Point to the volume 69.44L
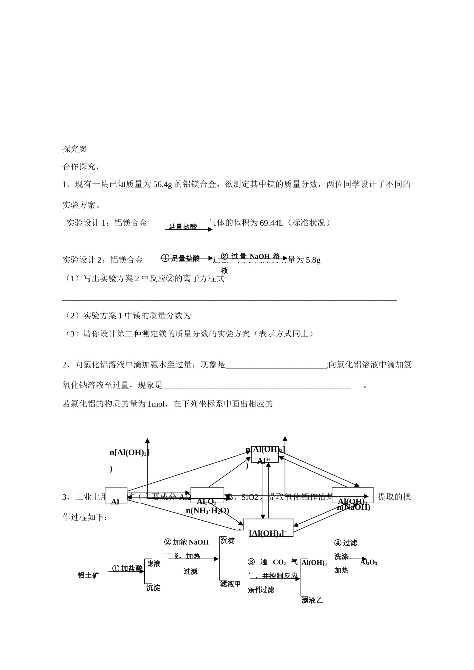(x=271, y=223)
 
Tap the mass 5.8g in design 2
(x=313, y=260)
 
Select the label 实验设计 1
(x=87, y=223)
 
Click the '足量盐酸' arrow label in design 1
(x=183, y=227)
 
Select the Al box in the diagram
(x=116, y=496)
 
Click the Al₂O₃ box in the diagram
(x=207, y=495)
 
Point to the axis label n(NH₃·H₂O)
(x=207, y=510)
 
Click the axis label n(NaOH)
(x=353, y=507)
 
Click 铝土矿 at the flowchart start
(x=88, y=575)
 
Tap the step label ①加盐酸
(x=127, y=568)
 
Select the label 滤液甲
(x=231, y=584)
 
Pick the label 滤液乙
(x=312, y=600)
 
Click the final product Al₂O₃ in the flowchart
(x=368, y=562)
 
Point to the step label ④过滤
(x=346, y=543)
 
